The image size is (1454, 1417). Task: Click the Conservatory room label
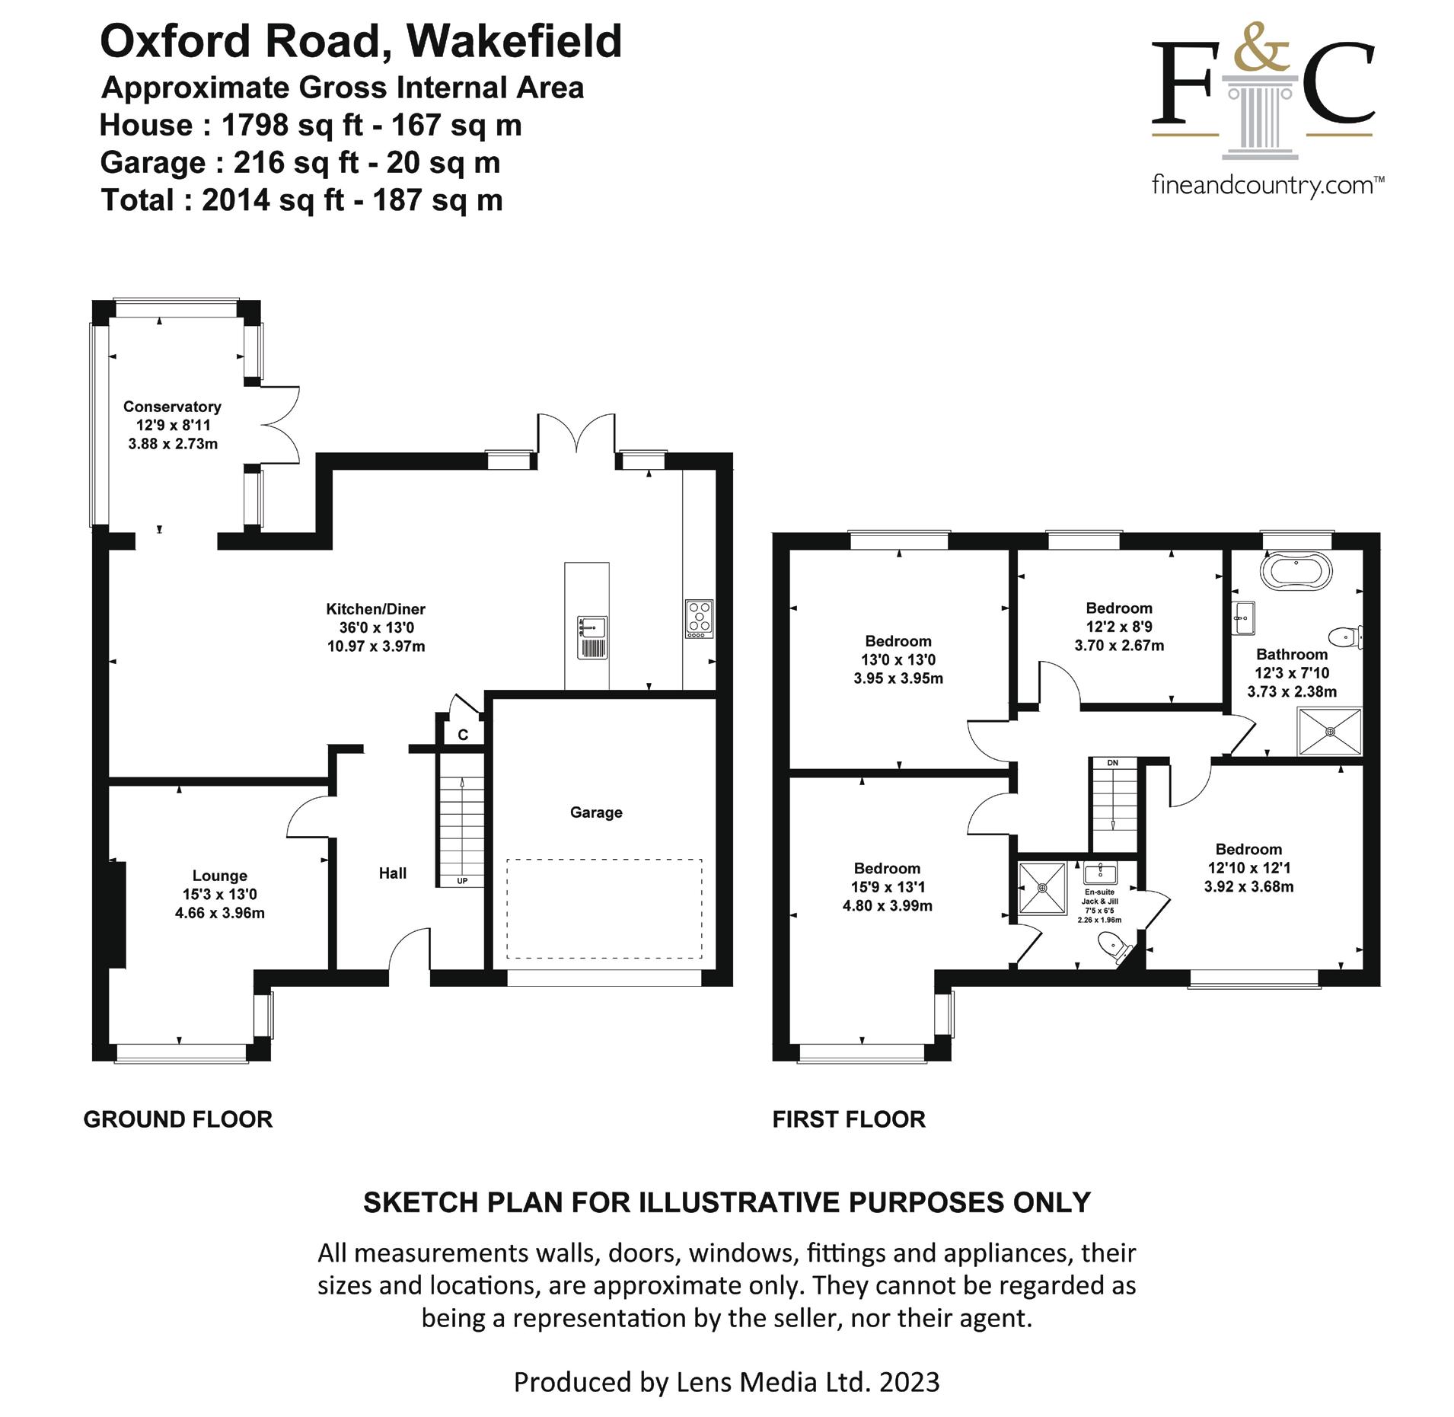[x=172, y=407]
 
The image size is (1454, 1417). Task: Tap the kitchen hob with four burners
[x=699, y=618]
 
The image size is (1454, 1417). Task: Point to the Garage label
[x=596, y=812]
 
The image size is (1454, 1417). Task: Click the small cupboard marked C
[x=462, y=735]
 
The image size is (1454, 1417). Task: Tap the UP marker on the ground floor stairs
[x=462, y=881]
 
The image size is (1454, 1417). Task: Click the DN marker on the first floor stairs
[x=1112, y=762]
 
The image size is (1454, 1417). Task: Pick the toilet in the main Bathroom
[x=1345, y=636]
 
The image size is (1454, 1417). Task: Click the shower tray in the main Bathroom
[x=1330, y=732]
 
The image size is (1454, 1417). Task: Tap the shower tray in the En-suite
[x=1043, y=887]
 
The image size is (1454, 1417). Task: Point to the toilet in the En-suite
[x=1114, y=948]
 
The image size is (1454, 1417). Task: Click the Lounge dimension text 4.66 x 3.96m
[x=219, y=913]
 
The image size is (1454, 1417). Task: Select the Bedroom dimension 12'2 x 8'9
[x=1119, y=627]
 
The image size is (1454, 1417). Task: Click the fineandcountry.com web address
[x=1267, y=185]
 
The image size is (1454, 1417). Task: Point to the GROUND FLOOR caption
[x=177, y=1119]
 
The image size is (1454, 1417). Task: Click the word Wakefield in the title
[x=514, y=41]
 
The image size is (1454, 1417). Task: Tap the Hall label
[x=393, y=873]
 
